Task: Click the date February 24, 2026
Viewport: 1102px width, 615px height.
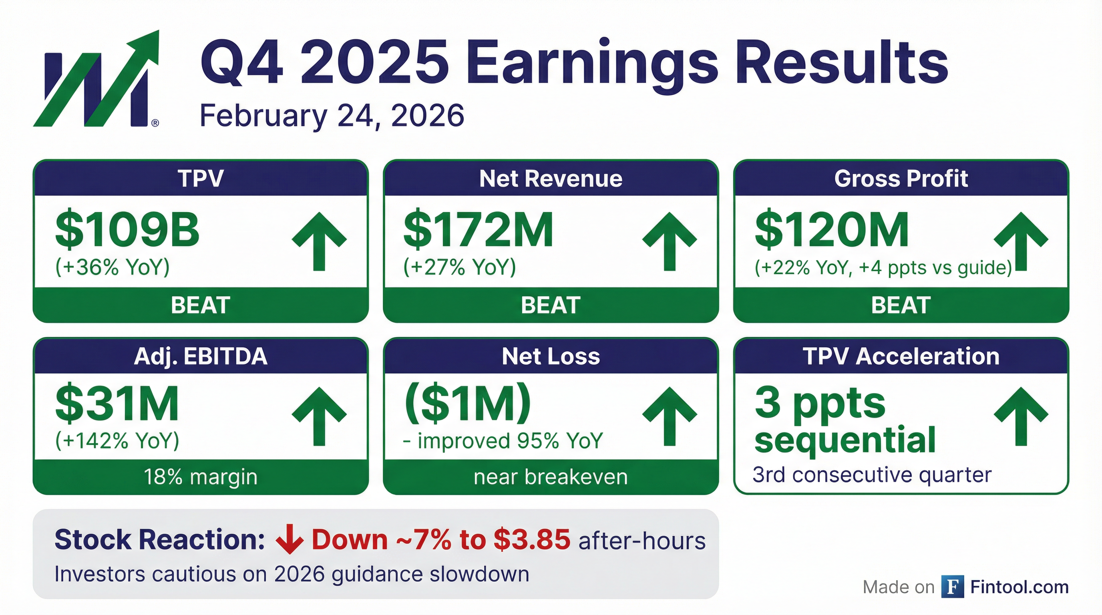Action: point(332,115)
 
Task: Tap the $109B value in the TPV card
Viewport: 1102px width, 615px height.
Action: point(127,230)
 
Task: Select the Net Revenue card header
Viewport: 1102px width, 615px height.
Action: point(551,179)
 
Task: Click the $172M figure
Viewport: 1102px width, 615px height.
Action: point(478,230)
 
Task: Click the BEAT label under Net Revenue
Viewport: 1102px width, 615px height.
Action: point(551,305)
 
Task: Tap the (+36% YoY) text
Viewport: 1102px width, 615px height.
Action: point(113,267)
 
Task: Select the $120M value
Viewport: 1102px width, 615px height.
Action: point(832,230)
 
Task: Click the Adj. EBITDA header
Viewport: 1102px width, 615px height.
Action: point(201,356)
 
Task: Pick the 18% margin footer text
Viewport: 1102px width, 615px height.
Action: point(201,477)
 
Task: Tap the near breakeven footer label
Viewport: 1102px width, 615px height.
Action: point(551,477)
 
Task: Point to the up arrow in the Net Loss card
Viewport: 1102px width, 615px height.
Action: point(670,416)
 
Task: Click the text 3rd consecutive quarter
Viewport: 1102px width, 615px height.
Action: point(872,475)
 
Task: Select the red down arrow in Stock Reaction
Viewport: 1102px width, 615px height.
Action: point(290,540)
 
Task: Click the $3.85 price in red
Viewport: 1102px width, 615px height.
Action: point(531,539)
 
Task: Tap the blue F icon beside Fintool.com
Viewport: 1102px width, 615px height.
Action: point(952,587)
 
